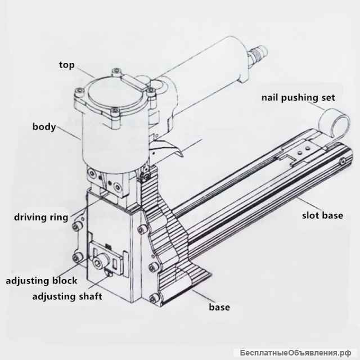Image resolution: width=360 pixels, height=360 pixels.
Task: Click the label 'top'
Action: [67, 64]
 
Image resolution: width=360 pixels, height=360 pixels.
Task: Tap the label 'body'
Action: [44, 127]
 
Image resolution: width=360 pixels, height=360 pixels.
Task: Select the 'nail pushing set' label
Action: [298, 97]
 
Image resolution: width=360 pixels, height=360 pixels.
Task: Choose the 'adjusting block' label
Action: [41, 280]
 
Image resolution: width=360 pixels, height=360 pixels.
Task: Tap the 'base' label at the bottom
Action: [219, 307]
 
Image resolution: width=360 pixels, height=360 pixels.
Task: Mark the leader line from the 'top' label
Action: [85, 72]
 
